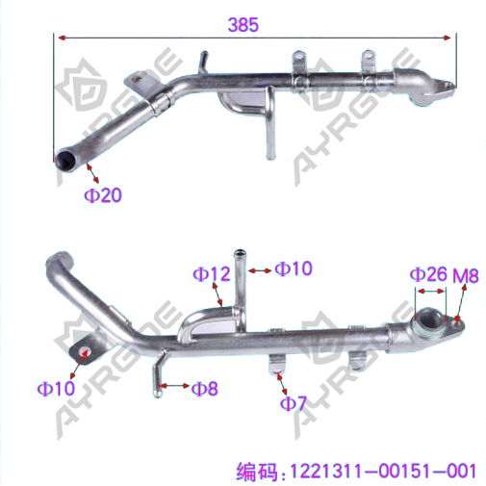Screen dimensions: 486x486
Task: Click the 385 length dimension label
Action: coord(243,25)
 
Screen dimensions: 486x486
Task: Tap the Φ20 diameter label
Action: coord(103,194)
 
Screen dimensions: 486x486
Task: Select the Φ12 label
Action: coord(212,274)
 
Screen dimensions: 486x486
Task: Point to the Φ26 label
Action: coord(428,274)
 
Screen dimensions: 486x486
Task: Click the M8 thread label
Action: coord(466,275)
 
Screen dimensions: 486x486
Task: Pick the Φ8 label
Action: coord(204,389)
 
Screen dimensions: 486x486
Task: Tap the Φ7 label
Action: coord(294,403)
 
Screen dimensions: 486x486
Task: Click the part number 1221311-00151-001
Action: coord(383,471)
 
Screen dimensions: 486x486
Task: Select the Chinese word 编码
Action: coord(257,472)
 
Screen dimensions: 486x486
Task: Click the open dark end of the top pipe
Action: coord(64,160)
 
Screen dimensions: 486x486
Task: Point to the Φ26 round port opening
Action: coord(430,319)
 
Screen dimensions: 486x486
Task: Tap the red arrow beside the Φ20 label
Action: coord(92,173)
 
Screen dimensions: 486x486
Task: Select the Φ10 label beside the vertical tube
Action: coord(294,269)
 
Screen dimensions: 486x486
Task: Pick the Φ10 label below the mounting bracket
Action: coord(56,388)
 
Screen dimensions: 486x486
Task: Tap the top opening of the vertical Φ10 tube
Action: coord(240,252)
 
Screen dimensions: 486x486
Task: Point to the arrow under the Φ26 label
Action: coord(430,291)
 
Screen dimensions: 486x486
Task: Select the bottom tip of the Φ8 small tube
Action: coord(157,395)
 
